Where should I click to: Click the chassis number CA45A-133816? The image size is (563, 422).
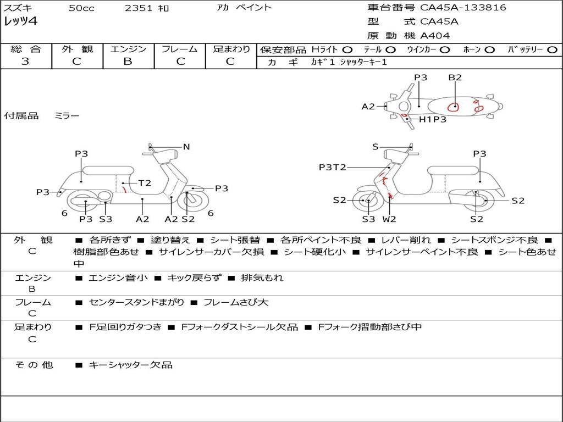463,8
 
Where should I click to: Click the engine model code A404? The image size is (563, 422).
435,36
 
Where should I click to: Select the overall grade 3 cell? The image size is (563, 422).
25,62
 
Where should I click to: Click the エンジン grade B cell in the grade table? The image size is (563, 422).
128,62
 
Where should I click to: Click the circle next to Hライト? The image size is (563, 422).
347,50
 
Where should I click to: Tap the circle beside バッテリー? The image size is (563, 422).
552,50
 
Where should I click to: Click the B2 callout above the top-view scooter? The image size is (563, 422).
455,77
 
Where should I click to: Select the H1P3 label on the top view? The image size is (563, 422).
433,119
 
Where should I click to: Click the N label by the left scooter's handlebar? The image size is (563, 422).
186,147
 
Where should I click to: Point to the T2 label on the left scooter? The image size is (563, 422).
145,183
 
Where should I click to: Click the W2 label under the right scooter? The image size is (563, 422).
389,219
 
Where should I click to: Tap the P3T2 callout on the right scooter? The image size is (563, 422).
333,168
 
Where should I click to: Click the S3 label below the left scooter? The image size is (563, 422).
106,219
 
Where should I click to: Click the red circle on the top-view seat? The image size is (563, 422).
454,107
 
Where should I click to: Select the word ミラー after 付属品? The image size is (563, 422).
67,116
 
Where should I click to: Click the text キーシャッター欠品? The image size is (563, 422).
130,365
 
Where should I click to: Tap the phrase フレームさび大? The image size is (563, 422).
236,302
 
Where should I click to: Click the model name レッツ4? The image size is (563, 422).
20,22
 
